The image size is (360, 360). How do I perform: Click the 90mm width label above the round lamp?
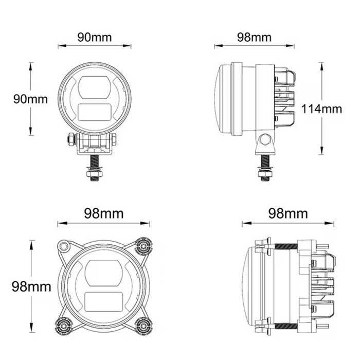pyautogui.click(x=94, y=37)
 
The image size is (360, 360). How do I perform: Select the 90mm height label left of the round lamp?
pyautogui.click(x=29, y=99)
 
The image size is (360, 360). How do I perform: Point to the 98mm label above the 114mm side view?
pyautogui.click(x=254, y=37)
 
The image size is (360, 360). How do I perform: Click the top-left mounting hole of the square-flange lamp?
pyautogui.click(x=64, y=247)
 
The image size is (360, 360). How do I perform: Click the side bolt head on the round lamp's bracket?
pyautogui.click(x=69, y=139)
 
